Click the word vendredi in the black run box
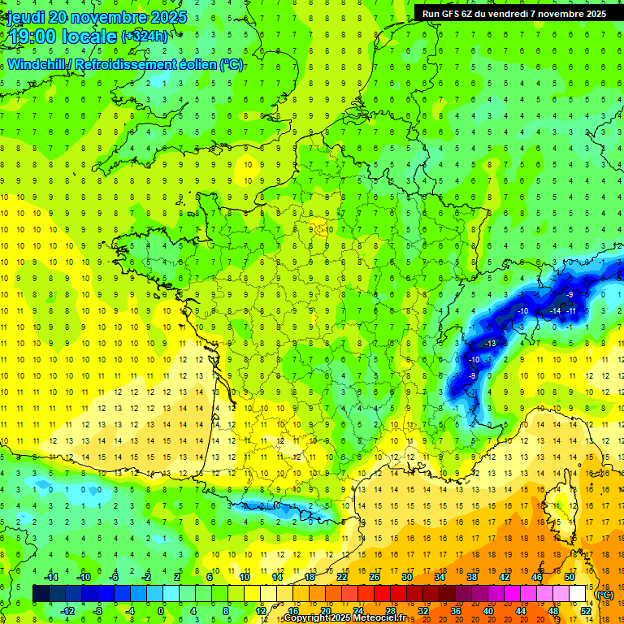pos(509,13)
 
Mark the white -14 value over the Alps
pos(556,310)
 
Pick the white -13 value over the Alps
pos(490,344)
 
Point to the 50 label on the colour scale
pos(569,577)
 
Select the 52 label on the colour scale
pos(586,610)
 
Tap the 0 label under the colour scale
pos(160,610)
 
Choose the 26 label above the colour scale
pos(375,577)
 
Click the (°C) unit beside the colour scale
pos(605,594)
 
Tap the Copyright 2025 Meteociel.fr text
pos(344,618)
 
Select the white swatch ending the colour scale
pos(578,594)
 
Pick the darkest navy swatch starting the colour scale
pos(41,594)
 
